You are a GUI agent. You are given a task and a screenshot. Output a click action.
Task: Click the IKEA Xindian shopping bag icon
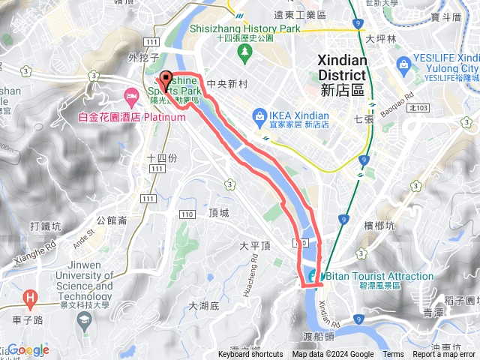(259, 115)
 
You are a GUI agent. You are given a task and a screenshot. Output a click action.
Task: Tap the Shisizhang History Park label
(253, 29)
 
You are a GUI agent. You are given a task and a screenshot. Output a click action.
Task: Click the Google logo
(28, 349)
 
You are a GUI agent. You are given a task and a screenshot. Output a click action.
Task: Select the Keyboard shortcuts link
(250, 355)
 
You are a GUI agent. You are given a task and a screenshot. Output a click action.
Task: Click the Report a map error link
(444, 355)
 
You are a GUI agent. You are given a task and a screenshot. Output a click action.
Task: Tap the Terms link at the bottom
(393, 355)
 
